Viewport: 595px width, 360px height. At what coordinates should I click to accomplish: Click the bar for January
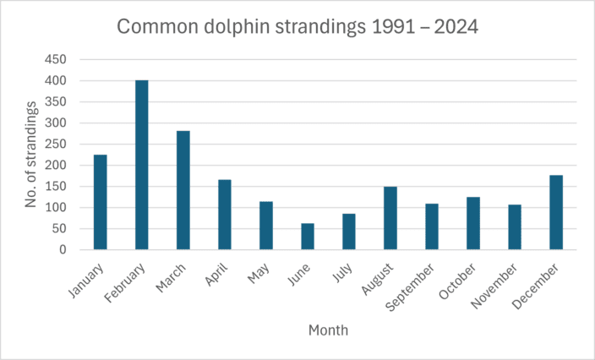(x=101, y=202)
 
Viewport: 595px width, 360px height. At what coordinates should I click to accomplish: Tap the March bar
(x=183, y=190)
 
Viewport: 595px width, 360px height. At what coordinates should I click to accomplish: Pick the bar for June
(x=308, y=237)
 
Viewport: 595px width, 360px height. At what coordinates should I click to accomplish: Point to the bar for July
(x=349, y=232)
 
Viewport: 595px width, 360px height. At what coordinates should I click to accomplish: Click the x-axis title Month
(x=328, y=330)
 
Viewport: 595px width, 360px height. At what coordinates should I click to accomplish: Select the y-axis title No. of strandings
(x=31, y=155)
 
